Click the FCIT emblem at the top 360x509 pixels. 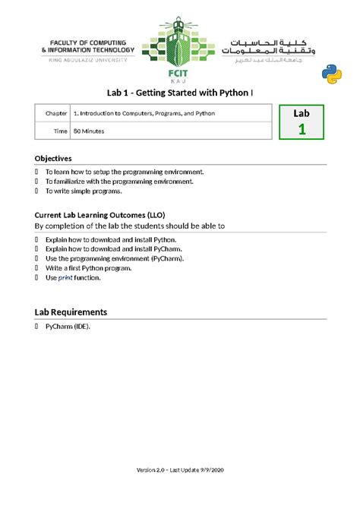point(179,46)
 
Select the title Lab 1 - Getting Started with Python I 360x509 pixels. point(179,91)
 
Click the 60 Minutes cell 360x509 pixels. point(89,131)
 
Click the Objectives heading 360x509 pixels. point(53,159)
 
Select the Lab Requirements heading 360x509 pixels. point(71,311)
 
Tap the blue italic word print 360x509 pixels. point(65,278)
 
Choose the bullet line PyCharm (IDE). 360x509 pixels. point(68,326)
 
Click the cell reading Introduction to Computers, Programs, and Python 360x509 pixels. point(144,113)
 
